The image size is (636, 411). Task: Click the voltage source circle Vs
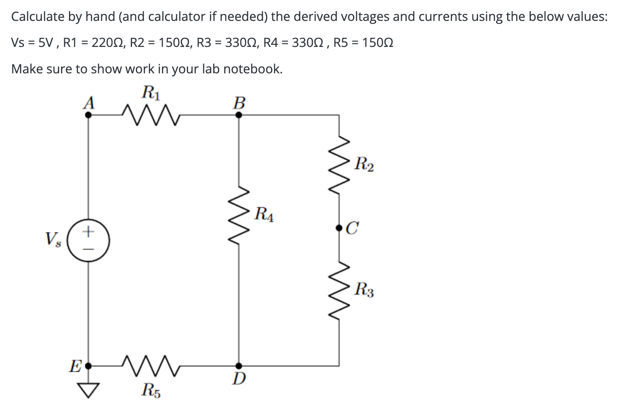click(88, 241)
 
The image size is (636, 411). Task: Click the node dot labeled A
click(88, 115)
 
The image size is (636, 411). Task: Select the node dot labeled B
click(239, 115)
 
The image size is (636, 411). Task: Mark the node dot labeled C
click(339, 228)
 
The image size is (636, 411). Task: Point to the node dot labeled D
click(239, 366)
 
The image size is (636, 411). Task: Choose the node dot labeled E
click(88, 366)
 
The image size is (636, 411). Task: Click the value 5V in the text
click(45, 43)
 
